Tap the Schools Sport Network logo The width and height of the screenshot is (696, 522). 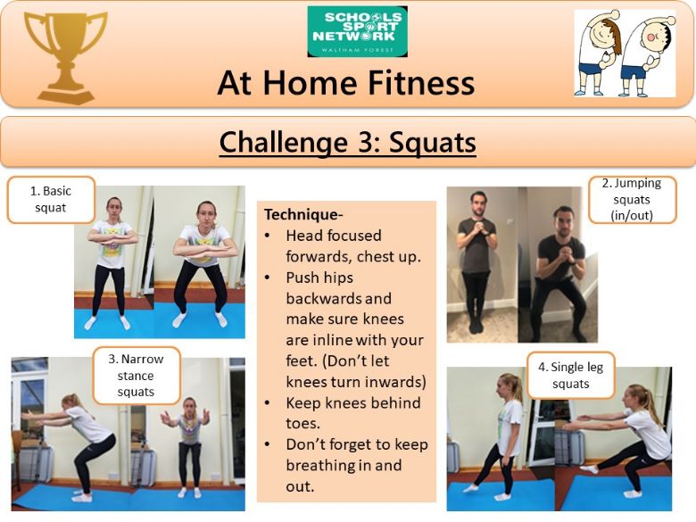click(357, 31)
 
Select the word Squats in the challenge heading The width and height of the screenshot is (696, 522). click(433, 143)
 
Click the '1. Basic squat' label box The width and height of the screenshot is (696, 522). click(51, 199)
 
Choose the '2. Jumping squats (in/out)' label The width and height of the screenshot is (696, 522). click(632, 199)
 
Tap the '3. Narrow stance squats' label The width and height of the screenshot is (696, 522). click(137, 376)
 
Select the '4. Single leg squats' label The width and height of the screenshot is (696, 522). click(571, 375)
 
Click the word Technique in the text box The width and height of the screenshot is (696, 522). click(301, 215)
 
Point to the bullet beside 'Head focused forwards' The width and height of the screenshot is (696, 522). click(267, 236)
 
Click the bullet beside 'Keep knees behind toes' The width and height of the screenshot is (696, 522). click(267, 403)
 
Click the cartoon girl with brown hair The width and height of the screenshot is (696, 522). click(599, 54)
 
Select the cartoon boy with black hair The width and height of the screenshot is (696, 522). click(647, 54)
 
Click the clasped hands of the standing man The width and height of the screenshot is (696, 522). click(476, 228)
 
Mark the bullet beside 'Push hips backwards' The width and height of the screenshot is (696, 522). click(267, 278)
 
